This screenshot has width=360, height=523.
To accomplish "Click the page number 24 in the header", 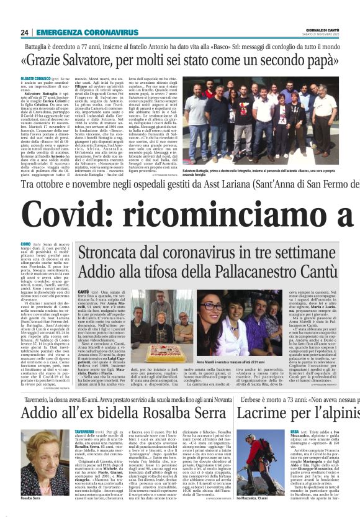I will pos(24,32).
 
